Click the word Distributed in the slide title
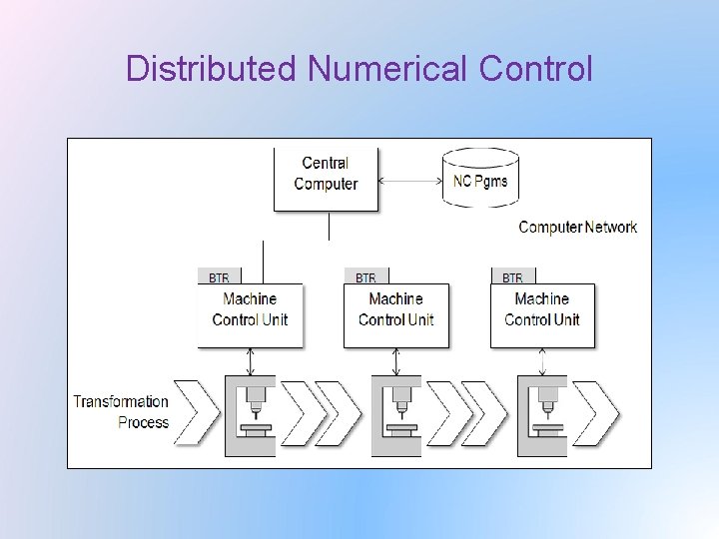coord(212,69)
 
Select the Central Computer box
coord(327,179)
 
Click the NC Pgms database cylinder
coord(480,178)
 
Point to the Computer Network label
coord(577,228)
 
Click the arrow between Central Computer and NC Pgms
coord(409,181)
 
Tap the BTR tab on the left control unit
coord(219,277)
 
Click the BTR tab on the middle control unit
coord(365,277)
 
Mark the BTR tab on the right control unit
coord(512,277)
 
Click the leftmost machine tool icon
coord(250,415)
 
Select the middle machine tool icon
coord(396,415)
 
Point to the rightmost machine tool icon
coord(542,415)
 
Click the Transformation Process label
coord(121,411)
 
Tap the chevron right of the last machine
coord(597,413)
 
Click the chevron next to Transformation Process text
coord(195,413)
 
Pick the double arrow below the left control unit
coord(250,361)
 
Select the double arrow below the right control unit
coord(542,361)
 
